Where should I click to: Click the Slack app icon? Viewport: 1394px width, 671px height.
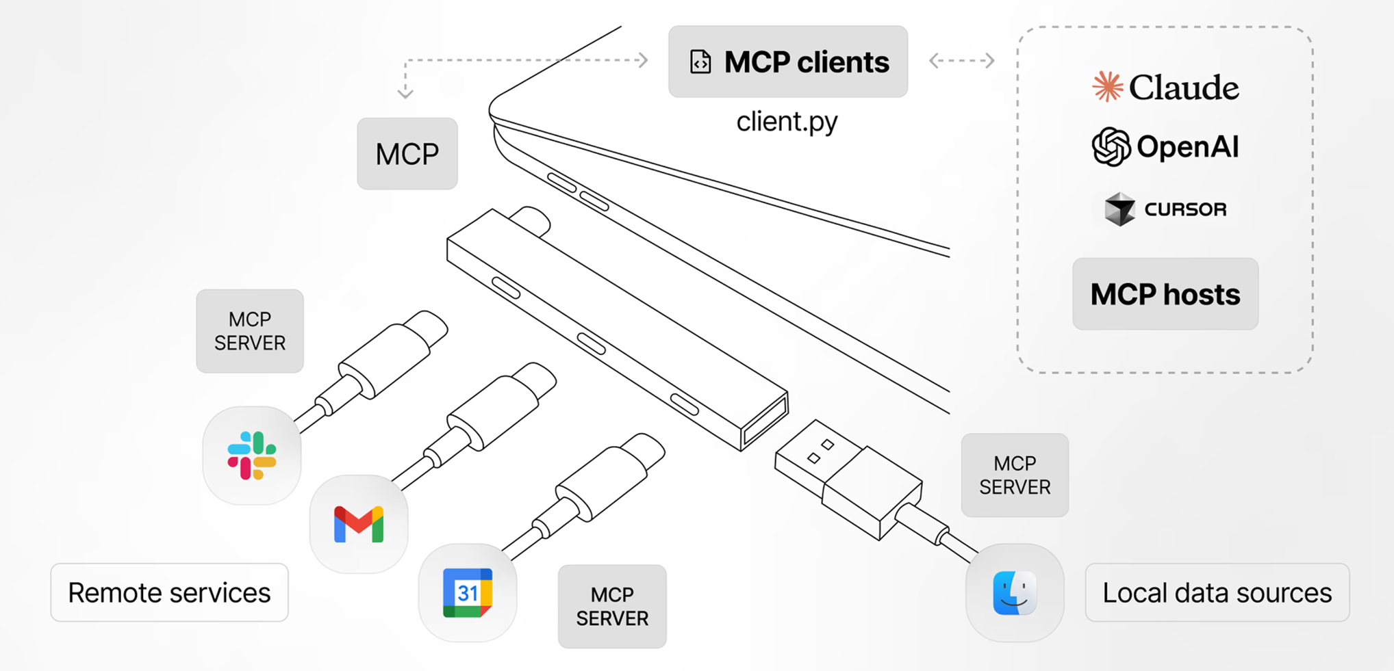(252, 456)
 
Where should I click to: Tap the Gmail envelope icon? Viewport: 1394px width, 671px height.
(359, 525)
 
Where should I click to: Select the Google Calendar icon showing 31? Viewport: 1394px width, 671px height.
(468, 592)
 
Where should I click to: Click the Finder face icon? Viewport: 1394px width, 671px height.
(1014, 592)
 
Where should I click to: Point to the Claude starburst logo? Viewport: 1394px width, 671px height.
(1107, 87)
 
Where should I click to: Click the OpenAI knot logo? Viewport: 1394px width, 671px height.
(1111, 146)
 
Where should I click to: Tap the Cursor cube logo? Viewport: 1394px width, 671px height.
(1120, 209)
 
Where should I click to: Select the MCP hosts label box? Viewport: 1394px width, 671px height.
(1165, 294)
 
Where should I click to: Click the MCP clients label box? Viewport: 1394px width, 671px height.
(787, 62)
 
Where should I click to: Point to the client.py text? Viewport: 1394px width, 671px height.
(787, 122)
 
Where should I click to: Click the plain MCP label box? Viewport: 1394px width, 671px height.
(407, 154)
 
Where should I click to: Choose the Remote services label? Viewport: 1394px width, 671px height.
(169, 592)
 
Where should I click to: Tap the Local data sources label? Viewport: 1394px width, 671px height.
(1217, 592)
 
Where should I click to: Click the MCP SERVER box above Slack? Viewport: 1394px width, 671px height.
(249, 331)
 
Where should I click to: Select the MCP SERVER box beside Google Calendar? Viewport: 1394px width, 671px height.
(611, 606)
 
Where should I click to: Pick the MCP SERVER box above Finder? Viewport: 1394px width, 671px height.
(1014, 475)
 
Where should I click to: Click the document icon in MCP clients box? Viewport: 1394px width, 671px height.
(700, 62)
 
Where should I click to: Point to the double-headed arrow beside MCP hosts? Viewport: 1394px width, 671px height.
(961, 61)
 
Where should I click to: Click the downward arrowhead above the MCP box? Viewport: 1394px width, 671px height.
(405, 93)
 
